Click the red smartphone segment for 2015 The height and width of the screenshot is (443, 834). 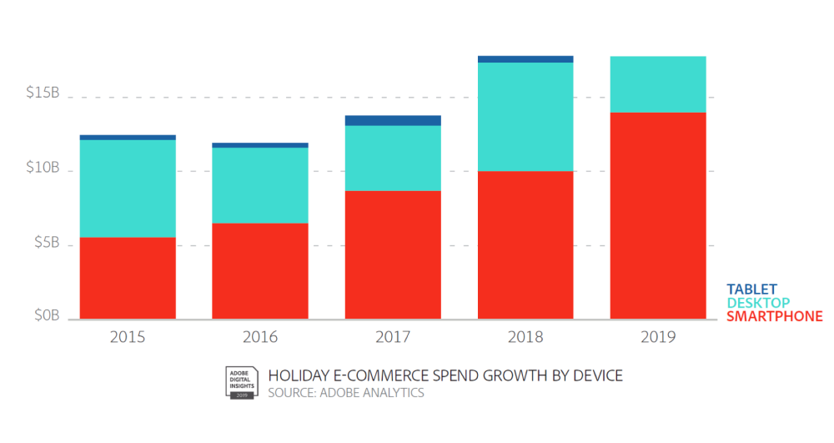tap(128, 278)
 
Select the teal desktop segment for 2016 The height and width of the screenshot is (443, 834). tap(260, 185)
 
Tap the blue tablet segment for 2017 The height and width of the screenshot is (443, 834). tap(393, 120)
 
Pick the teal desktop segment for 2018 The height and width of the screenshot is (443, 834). tap(525, 117)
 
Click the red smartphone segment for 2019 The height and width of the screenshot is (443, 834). tap(658, 215)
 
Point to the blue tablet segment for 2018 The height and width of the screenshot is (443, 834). tap(525, 59)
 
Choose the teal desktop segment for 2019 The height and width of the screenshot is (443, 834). tap(658, 84)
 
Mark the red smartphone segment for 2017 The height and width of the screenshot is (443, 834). tap(393, 254)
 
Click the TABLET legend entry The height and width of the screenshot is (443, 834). tap(751, 289)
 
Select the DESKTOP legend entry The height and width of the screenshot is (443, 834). tap(758, 303)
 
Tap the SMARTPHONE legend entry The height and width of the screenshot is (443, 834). tap(774, 316)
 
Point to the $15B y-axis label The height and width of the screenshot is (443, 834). tap(43, 93)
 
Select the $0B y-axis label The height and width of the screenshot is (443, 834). tap(46, 315)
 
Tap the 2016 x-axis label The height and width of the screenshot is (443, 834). tap(260, 338)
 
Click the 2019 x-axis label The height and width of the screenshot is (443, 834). tap(658, 338)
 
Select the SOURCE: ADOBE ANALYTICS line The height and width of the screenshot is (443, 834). tap(346, 392)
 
